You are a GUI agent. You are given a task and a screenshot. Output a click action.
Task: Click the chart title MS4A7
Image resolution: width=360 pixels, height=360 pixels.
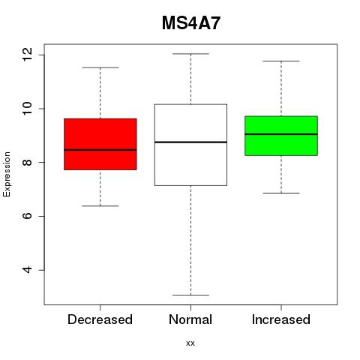click(191, 23)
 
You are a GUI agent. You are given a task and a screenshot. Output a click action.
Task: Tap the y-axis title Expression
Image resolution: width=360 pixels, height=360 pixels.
click(7, 174)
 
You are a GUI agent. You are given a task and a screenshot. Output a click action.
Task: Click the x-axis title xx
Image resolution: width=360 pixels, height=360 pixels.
click(190, 343)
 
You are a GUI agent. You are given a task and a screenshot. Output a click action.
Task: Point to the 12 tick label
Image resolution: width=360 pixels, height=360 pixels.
click(28, 55)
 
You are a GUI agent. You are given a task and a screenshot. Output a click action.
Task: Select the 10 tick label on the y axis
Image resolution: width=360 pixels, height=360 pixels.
click(28, 109)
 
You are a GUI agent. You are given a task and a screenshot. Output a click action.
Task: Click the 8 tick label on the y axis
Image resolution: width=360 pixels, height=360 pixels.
click(28, 162)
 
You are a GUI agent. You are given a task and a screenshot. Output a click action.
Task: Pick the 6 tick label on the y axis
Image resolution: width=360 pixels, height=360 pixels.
click(28, 216)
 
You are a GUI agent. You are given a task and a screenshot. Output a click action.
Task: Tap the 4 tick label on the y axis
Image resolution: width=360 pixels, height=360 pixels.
click(28, 270)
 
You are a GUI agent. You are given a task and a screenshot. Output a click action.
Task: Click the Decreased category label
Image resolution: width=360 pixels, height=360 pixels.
click(100, 319)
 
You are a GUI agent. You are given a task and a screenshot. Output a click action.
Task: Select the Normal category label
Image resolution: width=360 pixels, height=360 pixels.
click(190, 319)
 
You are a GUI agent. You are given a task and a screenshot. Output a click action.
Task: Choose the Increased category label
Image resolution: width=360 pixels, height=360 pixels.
click(281, 319)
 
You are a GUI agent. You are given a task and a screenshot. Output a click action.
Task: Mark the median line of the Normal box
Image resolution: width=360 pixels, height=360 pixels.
click(190, 142)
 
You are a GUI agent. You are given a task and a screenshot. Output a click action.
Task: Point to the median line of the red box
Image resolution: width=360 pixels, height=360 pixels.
click(100, 150)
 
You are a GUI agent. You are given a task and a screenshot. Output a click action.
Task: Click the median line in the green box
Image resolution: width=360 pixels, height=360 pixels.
click(281, 134)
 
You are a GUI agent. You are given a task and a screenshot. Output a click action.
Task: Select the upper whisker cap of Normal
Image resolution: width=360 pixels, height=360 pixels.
click(190, 54)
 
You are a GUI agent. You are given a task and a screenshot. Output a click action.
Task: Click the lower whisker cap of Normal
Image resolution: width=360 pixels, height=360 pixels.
click(190, 295)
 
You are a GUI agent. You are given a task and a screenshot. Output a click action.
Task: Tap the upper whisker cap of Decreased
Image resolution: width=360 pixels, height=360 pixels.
click(100, 67)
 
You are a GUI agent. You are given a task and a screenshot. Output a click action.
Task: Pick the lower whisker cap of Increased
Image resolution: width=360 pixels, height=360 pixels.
click(281, 193)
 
